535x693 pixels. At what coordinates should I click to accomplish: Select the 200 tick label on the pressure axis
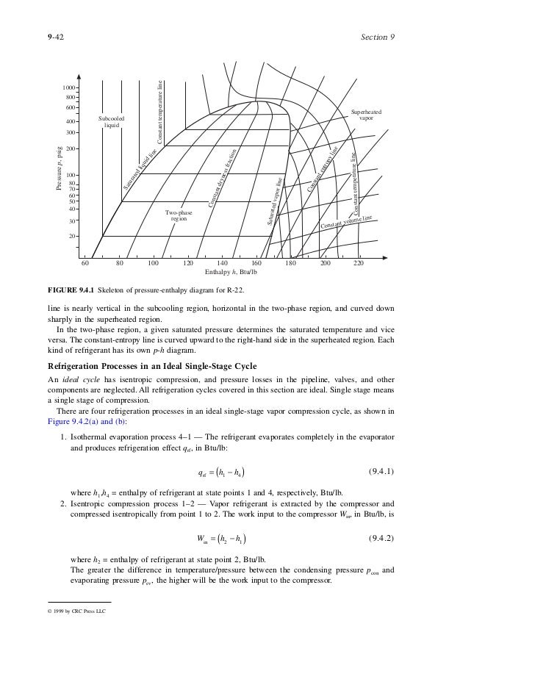(x=71, y=148)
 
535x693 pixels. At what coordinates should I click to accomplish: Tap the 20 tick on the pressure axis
(x=73, y=236)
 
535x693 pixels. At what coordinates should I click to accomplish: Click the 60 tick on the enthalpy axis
(x=85, y=263)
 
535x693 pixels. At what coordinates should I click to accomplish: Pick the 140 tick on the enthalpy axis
(x=223, y=263)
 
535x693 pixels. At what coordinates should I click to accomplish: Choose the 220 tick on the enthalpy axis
(x=359, y=263)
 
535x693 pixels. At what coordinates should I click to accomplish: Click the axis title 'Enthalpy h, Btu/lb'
(x=231, y=273)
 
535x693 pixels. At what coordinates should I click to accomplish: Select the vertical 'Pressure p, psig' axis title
(x=59, y=170)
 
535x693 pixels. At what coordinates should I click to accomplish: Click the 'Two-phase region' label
(x=179, y=215)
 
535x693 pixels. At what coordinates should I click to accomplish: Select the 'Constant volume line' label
(x=347, y=219)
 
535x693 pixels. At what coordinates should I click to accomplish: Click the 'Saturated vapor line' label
(x=275, y=201)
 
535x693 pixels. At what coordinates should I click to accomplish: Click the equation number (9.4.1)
(x=381, y=470)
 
